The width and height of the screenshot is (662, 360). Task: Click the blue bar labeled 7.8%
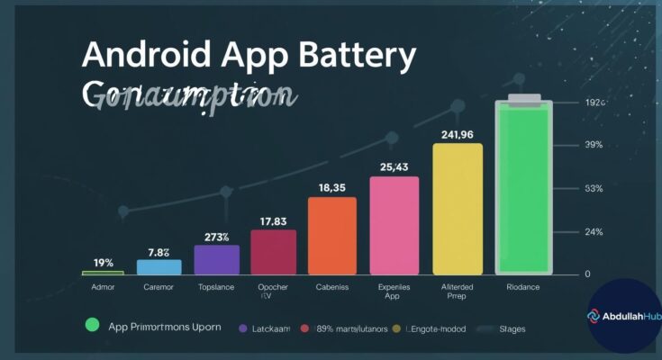point(159,266)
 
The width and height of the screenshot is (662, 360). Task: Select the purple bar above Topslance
point(217,259)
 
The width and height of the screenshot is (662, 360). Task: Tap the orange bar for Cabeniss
point(331,235)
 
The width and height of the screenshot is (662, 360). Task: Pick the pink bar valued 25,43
point(394,225)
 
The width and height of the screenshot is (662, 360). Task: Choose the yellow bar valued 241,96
point(458,208)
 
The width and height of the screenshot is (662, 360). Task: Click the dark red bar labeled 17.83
point(273,251)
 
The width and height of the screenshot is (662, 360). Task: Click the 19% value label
point(104,263)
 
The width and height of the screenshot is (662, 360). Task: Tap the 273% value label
point(216,237)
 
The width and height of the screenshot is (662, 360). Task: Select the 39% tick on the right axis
point(594,145)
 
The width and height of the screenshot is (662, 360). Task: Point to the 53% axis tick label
point(594,189)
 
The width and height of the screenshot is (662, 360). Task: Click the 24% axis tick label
point(594,232)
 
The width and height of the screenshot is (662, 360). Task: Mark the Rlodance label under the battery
point(521,288)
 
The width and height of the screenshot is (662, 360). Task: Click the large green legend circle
point(90,326)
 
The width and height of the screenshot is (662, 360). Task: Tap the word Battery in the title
point(359,56)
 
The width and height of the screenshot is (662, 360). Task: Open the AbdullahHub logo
point(624,316)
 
